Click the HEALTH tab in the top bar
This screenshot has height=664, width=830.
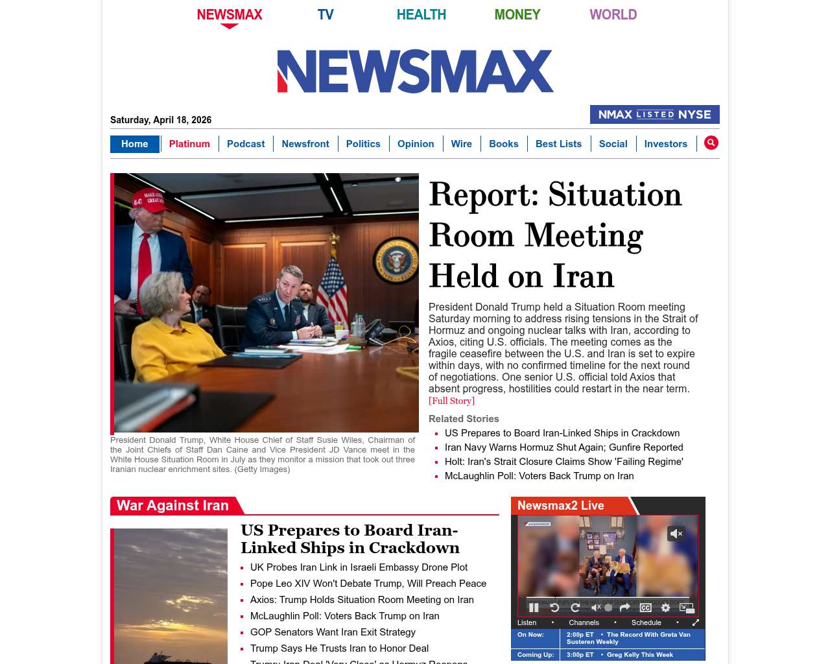(x=421, y=14)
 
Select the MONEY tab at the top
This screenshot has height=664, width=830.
(x=517, y=14)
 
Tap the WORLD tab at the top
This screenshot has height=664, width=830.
(x=613, y=14)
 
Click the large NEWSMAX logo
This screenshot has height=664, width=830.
(x=415, y=71)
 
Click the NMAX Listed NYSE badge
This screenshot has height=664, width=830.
(x=654, y=115)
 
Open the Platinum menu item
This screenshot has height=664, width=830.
(x=189, y=144)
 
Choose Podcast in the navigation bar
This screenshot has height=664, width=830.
(x=246, y=144)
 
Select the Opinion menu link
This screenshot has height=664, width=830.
(x=416, y=144)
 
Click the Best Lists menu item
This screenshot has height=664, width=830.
(x=558, y=144)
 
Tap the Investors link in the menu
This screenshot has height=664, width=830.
(x=665, y=144)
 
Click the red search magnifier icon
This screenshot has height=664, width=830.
(x=711, y=143)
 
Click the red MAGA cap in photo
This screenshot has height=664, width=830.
(x=150, y=198)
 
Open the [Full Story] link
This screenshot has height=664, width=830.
(x=451, y=401)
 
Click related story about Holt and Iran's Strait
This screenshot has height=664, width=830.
(x=563, y=462)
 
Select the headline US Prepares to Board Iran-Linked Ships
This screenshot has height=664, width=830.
(x=350, y=539)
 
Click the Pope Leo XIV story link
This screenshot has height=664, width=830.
(x=368, y=584)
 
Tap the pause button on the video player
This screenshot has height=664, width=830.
(x=534, y=608)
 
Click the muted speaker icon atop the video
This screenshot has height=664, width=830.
(x=676, y=534)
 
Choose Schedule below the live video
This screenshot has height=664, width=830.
(x=646, y=622)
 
